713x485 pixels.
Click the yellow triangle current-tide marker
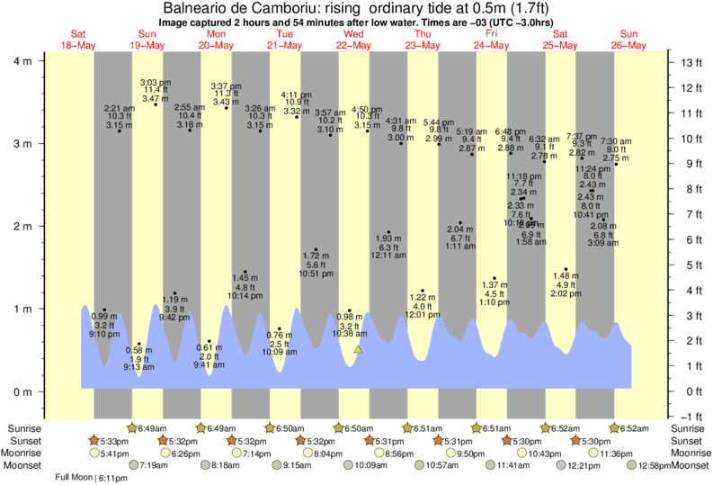(358, 348)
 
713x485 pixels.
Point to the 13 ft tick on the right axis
(690, 62)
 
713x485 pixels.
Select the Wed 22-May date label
(353, 40)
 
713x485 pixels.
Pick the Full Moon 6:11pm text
(91, 478)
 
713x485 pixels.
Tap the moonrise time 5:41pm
(111, 453)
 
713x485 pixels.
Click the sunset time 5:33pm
(111, 441)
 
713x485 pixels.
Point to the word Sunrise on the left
(23, 428)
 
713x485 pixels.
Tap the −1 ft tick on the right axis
(690, 416)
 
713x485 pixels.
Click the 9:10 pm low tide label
(103, 334)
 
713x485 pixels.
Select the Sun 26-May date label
(628, 40)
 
